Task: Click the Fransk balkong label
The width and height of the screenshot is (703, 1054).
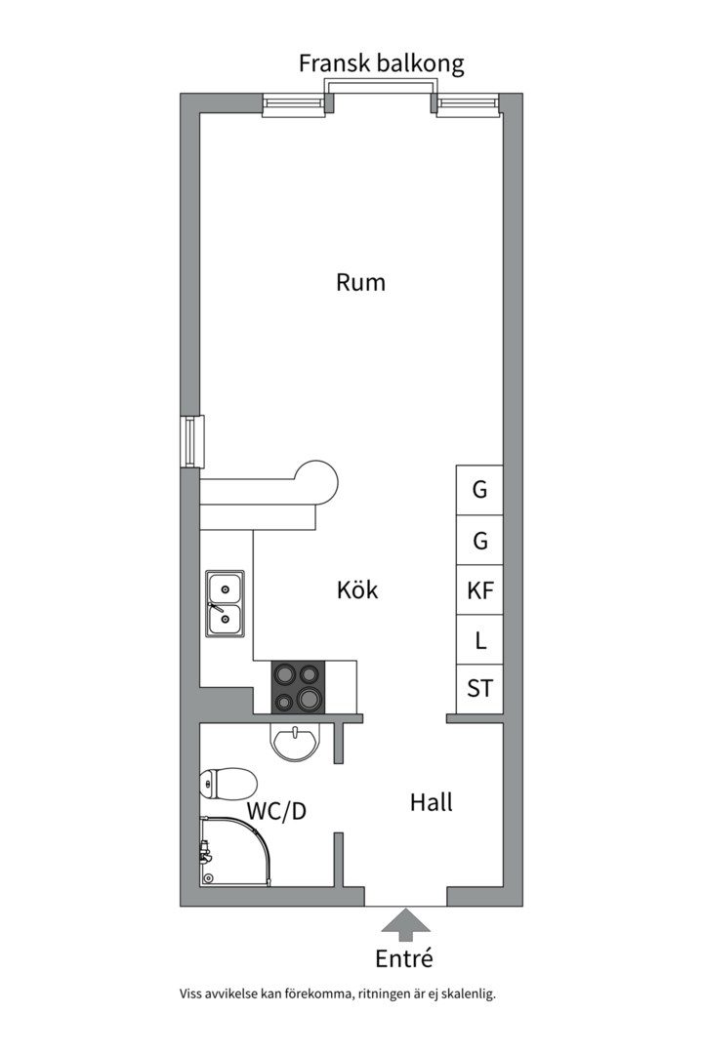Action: [381, 64]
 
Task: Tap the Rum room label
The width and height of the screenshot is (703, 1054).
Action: [360, 283]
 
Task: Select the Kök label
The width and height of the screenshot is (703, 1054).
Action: [357, 590]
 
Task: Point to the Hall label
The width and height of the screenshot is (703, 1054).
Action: [431, 803]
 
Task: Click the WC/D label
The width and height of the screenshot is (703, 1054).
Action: [276, 811]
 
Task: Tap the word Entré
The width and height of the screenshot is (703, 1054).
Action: [403, 957]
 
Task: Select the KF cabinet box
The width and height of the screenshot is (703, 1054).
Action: [479, 590]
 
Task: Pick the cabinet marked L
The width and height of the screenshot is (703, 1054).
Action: [479, 641]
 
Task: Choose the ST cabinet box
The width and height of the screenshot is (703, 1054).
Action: [479, 689]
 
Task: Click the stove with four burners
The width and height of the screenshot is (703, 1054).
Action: [299, 686]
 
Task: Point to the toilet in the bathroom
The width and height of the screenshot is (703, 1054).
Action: [228, 783]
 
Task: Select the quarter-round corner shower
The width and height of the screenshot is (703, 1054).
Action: [233, 853]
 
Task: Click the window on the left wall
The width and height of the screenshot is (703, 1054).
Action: [191, 441]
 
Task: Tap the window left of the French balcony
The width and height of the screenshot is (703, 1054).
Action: [294, 104]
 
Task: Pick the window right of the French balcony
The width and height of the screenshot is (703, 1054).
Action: [468, 104]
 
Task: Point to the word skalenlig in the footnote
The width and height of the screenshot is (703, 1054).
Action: [468, 994]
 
